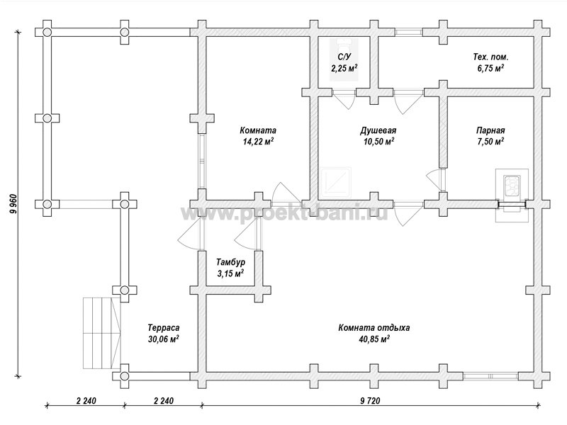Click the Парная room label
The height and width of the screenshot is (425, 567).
pyautogui.click(x=490, y=130)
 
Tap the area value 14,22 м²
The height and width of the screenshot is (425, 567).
pyautogui.click(x=258, y=141)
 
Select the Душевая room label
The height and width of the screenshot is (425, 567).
pyautogui.click(x=378, y=130)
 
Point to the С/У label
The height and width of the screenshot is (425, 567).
pyautogui.click(x=344, y=57)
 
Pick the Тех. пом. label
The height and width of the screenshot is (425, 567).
pyautogui.click(x=490, y=57)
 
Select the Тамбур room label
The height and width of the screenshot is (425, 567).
pyautogui.click(x=230, y=261)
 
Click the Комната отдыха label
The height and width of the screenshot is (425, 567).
pyautogui.click(x=374, y=327)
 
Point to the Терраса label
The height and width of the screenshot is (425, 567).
pyautogui.click(x=164, y=327)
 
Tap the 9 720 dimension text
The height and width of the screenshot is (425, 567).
pyautogui.click(x=370, y=401)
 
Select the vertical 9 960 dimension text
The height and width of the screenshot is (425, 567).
pyautogui.click(x=13, y=205)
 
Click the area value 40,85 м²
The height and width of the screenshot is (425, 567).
pyautogui.click(x=374, y=339)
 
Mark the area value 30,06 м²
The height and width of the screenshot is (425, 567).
pyautogui.click(x=164, y=339)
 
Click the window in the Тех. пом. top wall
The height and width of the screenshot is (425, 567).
pyautogui.click(x=408, y=32)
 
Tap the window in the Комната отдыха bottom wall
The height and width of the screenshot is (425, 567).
pyautogui.click(x=490, y=376)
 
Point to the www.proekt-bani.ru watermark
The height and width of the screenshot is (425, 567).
pyautogui.click(x=284, y=213)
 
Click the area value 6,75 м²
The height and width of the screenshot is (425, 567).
pyautogui.click(x=490, y=68)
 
